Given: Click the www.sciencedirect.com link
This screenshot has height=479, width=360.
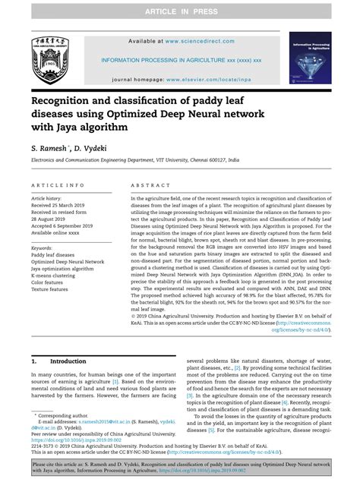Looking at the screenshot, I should click(200, 41).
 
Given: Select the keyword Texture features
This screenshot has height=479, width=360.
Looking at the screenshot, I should click(53, 289).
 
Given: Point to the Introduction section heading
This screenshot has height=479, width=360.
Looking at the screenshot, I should click(68, 361).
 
